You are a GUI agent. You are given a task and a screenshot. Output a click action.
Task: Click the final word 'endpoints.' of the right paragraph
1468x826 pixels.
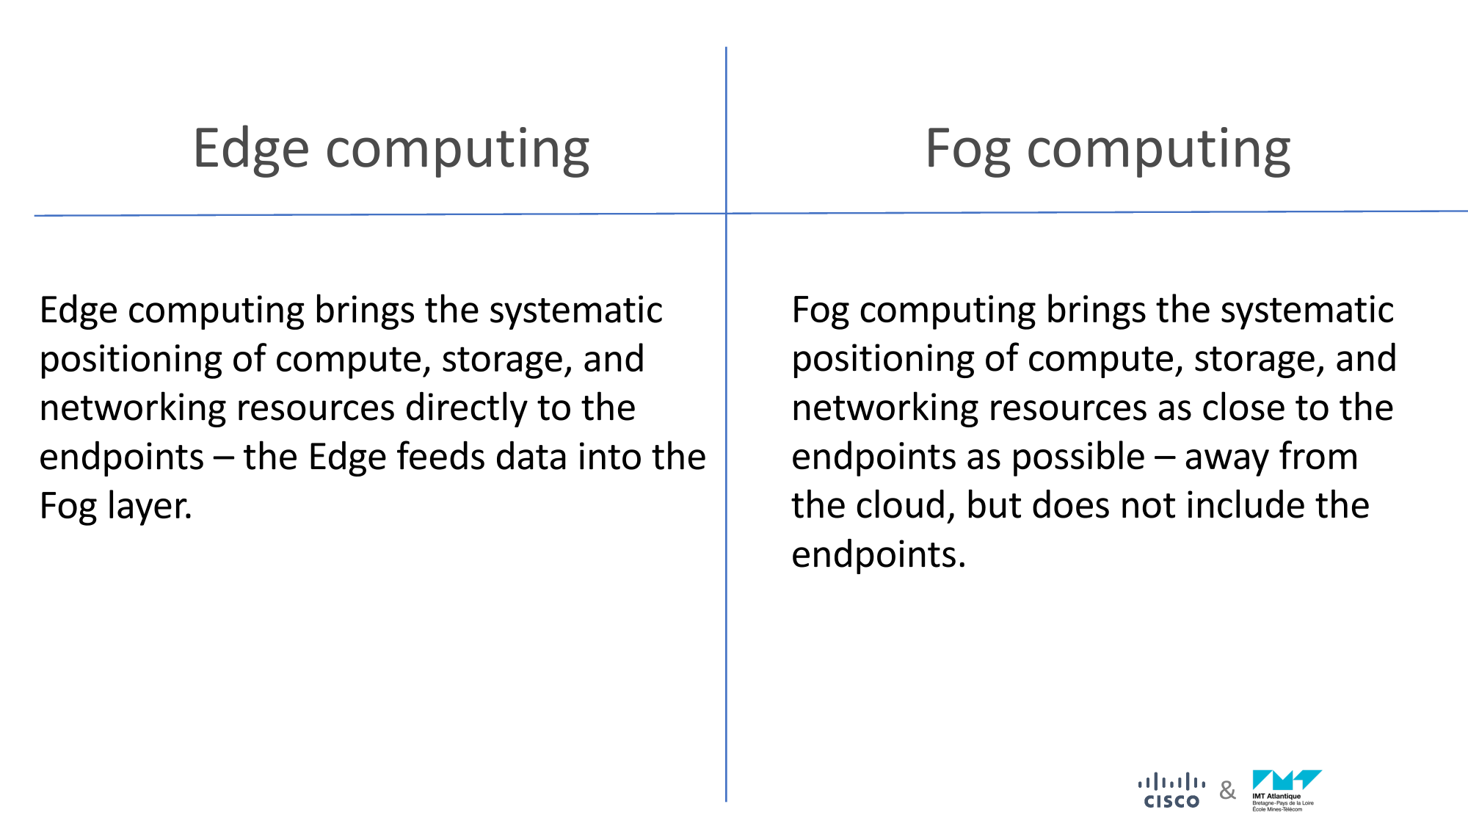(x=879, y=554)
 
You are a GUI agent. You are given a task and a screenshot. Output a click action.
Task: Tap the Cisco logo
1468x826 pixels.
(x=1171, y=790)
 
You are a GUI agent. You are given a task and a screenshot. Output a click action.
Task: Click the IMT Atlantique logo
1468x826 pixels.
(x=1287, y=791)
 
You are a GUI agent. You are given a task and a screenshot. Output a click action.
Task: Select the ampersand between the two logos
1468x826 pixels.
(x=1227, y=791)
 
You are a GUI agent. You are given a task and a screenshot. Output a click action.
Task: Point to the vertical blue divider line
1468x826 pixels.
(x=726, y=424)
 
